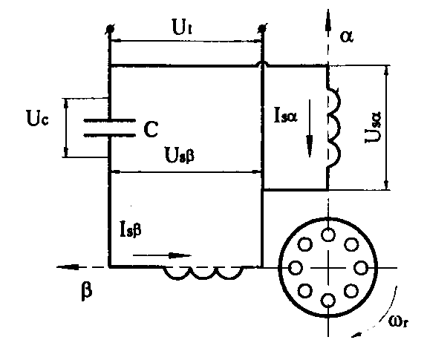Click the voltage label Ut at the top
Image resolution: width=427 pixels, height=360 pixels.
(182, 27)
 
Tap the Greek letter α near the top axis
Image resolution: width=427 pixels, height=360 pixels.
(347, 36)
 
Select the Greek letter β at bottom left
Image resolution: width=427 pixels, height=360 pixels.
(87, 291)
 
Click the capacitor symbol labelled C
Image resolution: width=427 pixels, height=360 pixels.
(109, 128)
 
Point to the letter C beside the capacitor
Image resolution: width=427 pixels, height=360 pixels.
(151, 129)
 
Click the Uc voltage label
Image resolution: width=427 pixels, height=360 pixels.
(38, 118)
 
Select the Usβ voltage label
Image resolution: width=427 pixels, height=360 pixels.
(180, 156)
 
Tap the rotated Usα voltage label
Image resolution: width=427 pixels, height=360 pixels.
(373, 128)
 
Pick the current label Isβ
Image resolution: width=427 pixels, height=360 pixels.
(131, 230)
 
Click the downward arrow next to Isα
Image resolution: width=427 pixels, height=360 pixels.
(310, 128)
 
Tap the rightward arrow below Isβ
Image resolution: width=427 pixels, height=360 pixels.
(162, 255)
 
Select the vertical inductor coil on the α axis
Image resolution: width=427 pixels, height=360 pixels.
(333, 128)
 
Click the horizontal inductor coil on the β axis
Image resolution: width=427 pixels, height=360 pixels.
(203, 273)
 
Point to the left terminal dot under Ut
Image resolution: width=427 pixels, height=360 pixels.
(109, 28)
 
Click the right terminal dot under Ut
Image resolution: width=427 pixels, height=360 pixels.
(262, 28)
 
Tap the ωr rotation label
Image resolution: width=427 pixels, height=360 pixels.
(398, 322)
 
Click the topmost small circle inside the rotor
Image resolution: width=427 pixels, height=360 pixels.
(328, 235)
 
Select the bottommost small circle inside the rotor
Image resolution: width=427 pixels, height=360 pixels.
(328, 301)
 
